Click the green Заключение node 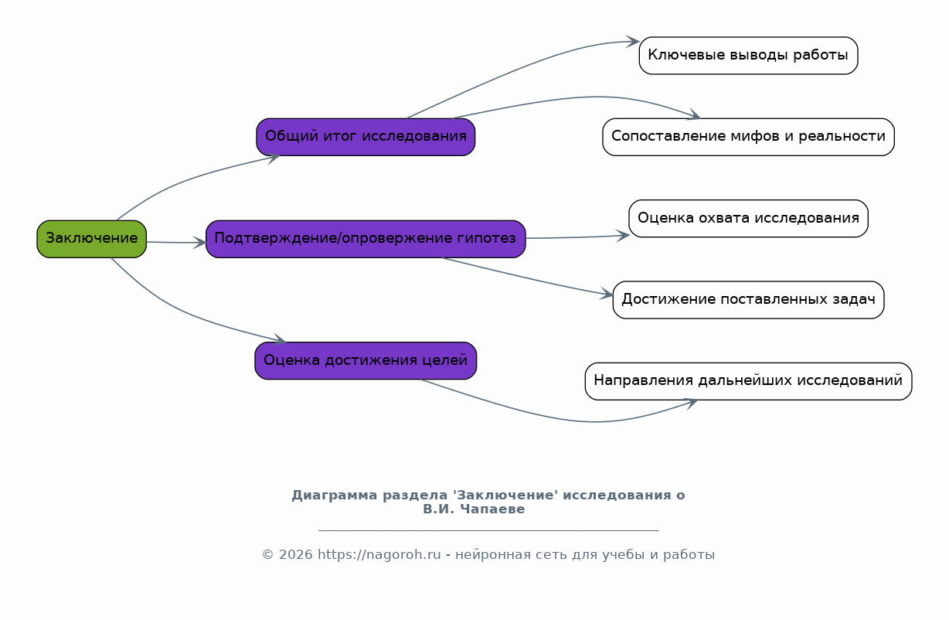click(x=91, y=239)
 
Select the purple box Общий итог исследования click(x=366, y=137)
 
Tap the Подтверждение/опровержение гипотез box click(x=366, y=239)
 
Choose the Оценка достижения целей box click(x=366, y=361)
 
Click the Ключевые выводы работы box click(x=748, y=56)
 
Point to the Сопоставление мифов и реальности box click(x=748, y=137)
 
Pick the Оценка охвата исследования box click(x=748, y=218)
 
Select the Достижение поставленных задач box click(x=748, y=300)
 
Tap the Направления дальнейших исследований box click(x=748, y=381)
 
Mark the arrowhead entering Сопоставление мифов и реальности click(x=694, y=115)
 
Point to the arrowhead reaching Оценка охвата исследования click(x=623, y=236)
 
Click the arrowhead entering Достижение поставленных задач click(x=607, y=294)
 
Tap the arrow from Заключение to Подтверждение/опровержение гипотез click(x=176, y=243)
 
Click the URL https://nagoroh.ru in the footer click(x=379, y=555)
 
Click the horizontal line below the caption click(x=488, y=530)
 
